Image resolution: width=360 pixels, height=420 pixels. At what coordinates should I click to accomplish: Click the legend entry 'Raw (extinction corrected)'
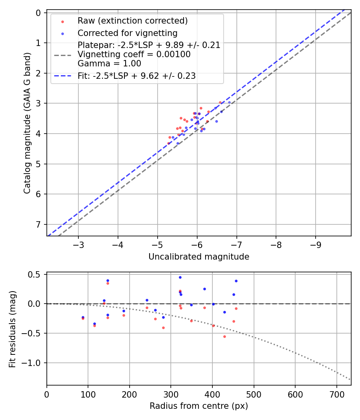[132, 21]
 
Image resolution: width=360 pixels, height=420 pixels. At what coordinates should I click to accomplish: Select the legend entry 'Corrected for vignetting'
[128, 33]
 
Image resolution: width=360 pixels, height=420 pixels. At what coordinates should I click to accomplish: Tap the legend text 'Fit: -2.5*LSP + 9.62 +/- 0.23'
[136, 76]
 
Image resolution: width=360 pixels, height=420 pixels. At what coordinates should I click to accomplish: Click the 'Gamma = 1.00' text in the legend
[109, 63]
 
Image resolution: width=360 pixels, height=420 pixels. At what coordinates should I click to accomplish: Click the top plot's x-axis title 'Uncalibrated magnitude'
[199, 257]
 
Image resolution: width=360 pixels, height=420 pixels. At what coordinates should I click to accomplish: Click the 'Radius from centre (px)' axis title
[199, 406]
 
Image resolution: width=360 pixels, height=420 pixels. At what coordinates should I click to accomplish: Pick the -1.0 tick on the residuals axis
[32, 363]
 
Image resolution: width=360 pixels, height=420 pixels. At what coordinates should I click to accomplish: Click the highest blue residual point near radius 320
[180, 277]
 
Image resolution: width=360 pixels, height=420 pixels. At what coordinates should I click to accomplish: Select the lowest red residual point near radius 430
[224, 336]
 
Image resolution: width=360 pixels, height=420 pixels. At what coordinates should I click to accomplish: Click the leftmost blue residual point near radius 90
[83, 317]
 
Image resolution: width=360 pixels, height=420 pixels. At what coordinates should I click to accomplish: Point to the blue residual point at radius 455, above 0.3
[236, 281]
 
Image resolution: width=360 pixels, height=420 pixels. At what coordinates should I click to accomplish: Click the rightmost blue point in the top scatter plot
[229, 102]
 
